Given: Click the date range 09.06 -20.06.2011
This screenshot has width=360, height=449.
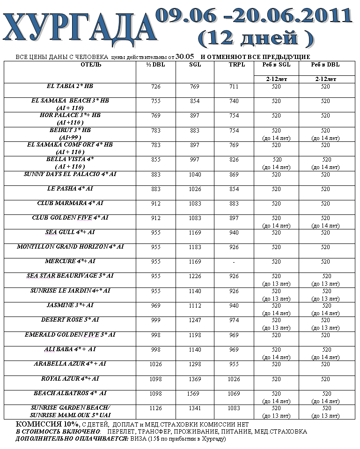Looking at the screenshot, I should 253,15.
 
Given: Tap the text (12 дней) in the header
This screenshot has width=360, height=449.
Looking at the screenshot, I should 255,38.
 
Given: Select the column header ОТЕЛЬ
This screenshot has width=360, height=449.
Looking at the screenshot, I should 91,65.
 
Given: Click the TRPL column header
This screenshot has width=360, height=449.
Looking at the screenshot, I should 234,65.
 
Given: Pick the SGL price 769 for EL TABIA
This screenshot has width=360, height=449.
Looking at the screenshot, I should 194,87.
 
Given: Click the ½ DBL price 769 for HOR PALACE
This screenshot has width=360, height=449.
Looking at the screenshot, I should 156,116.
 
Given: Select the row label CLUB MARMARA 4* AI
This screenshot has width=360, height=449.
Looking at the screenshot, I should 70,204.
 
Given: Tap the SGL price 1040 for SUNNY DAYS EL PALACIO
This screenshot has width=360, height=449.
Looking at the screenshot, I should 194,175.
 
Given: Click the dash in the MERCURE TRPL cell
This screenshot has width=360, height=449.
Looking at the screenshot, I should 234,262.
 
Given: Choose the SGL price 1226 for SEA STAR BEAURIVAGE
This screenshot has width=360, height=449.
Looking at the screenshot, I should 194,276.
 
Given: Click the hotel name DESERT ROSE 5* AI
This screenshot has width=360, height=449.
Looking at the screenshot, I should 70,320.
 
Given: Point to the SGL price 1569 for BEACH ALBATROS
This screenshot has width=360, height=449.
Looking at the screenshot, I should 194,394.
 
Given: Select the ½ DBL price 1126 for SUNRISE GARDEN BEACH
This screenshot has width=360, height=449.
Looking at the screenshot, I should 156,408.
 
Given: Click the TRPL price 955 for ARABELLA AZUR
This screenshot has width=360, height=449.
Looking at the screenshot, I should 234,364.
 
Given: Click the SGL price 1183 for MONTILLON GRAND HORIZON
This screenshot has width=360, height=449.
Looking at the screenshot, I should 194,247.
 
